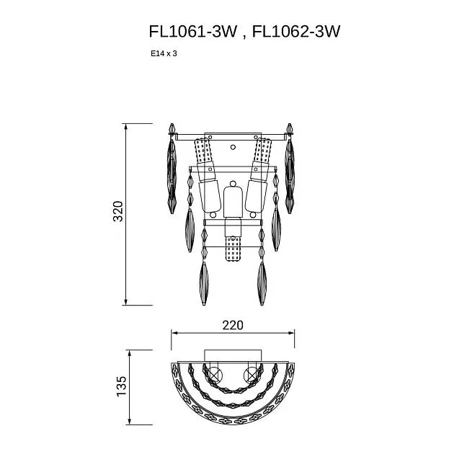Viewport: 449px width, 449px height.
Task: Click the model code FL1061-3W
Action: pyautogui.click(x=193, y=31)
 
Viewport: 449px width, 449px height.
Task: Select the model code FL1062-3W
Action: pyautogui.click(x=296, y=31)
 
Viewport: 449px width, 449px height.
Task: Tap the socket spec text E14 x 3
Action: pyautogui.click(x=164, y=53)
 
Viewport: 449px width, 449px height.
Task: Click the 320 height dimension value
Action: pyautogui.click(x=118, y=211)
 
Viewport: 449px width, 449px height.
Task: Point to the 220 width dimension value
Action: pyautogui.click(x=233, y=325)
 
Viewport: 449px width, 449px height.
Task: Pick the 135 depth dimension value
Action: pyautogui.click(x=121, y=386)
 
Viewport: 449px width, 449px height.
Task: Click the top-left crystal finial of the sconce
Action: pyautogui.click(x=172, y=129)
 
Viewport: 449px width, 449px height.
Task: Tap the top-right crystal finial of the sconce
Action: pyautogui.click(x=290, y=129)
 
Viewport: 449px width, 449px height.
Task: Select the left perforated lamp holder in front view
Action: pyautogui.click(x=203, y=151)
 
